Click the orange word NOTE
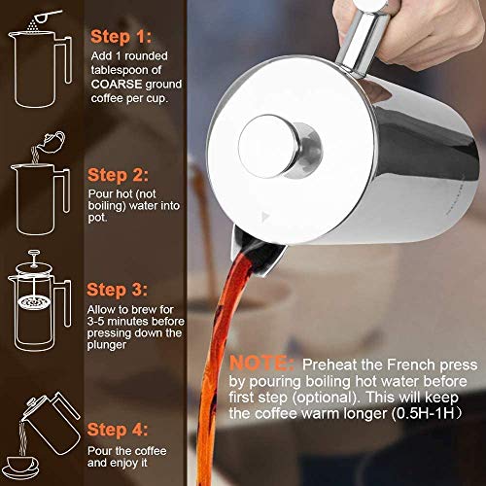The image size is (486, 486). (x=264, y=363)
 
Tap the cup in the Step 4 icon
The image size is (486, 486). (x=44, y=465)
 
